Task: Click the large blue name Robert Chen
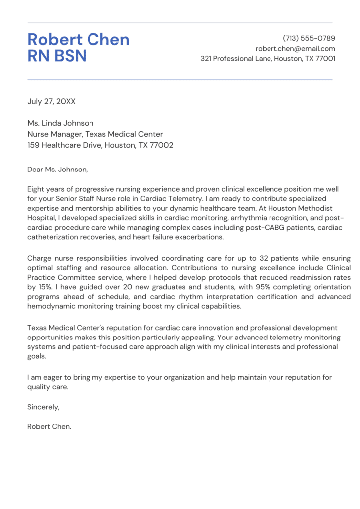point(79,40)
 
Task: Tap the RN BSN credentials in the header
point(57,56)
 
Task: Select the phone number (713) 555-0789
point(309,38)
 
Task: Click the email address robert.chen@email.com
point(295,49)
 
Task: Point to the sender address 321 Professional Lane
point(268,59)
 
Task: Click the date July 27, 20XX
point(51,101)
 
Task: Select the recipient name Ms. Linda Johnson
point(60,123)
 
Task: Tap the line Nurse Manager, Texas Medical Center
point(95,134)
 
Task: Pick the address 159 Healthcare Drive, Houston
point(100,145)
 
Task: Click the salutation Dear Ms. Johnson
point(57,170)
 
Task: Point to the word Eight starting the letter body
point(37,189)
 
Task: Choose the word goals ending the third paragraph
point(37,356)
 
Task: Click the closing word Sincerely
point(43,407)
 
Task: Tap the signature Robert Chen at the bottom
point(49,426)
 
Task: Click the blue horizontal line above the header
point(180,23)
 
